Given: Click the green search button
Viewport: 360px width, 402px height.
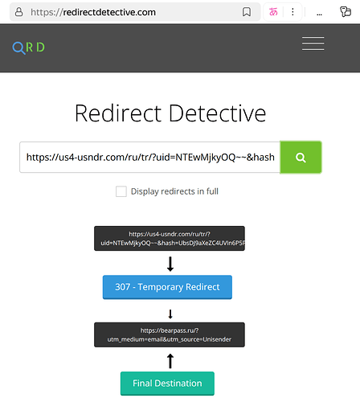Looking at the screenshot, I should click(x=301, y=158).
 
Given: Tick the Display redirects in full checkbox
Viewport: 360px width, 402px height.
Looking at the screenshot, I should click(x=121, y=191).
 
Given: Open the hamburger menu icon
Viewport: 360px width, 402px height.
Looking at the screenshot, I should click(x=313, y=44).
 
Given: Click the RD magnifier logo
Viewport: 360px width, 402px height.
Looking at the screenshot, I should click(x=28, y=47).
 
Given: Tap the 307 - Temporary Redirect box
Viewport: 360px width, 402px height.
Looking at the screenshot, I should click(x=167, y=287).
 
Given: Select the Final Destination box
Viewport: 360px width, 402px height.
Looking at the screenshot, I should click(x=167, y=384).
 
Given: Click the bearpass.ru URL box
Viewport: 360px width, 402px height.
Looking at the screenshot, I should click(x=170, y=335).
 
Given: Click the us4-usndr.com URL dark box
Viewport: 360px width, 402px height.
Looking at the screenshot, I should click(x=170, y=238).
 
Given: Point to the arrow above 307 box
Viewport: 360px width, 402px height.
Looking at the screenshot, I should click(x=170, y=264).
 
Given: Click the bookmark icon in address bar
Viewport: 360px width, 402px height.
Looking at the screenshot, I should click(x=247, y=13).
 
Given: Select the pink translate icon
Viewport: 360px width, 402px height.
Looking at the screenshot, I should click(x=273, y=13).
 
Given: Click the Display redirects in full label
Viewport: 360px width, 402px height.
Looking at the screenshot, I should click(x=174, y=191).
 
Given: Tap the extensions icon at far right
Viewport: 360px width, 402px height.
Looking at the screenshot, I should click(x=345, y=13).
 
